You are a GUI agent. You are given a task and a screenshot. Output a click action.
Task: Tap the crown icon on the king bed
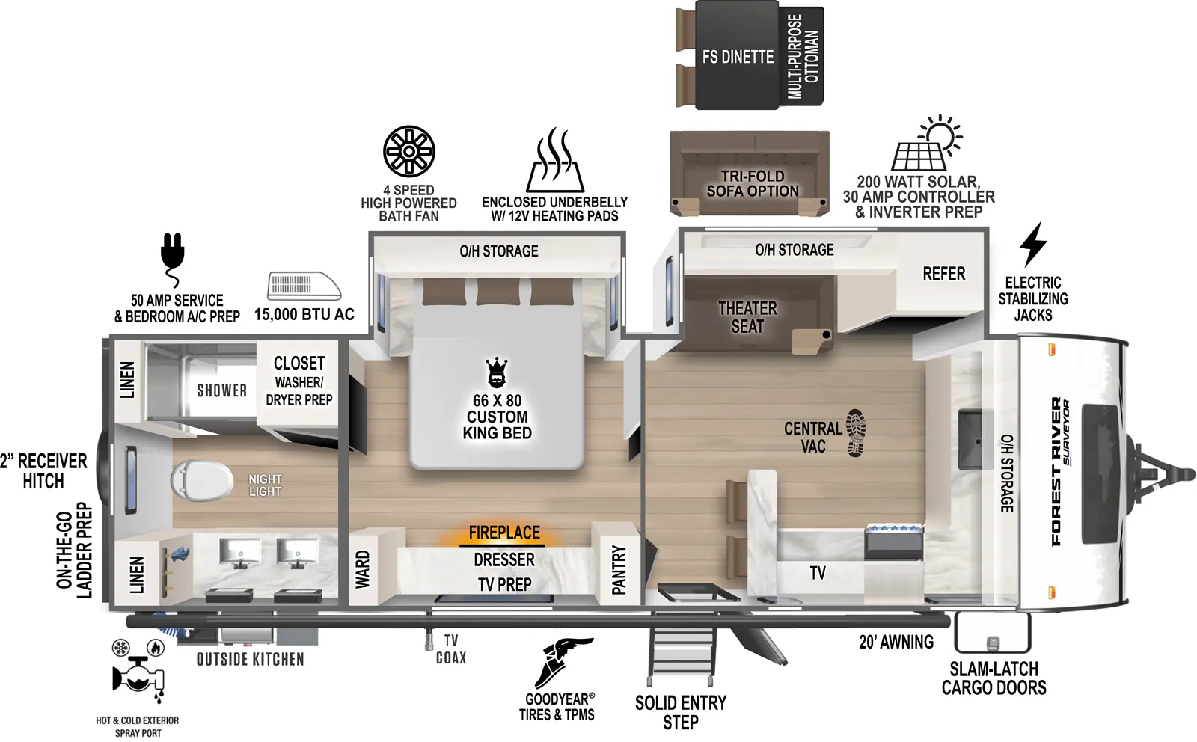pyautogui.click(x=497, y=372)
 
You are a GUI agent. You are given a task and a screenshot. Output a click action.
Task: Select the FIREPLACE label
pyautogui.click(x=504, y=533)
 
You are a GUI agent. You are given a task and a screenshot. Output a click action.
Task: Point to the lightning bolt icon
pyautogui.click(x=1033, y=244)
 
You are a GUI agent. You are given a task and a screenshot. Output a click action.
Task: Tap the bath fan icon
pyautogui.click(x=409, y=151)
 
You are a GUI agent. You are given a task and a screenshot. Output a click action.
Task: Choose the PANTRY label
pyautogui.click(x=619, y=570)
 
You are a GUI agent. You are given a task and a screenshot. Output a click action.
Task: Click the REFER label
pyautogui.click(x=943, y=274)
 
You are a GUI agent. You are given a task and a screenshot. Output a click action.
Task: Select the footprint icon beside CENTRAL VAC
pyautogui.click(x=856, y=432)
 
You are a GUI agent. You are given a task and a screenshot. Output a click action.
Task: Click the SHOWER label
pyautogui.click(x=221, y=390)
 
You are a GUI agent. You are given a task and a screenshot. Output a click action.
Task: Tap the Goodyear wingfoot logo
pyautogui.click(x=563, y=662)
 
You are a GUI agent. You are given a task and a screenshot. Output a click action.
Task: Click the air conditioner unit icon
pyautogui.click(x=303, y=286)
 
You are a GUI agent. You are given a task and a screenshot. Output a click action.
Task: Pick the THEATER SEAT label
pyautogui.click(x=747, y=317)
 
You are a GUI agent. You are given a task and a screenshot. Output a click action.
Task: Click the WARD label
pyautogui.click(x=363, y=569)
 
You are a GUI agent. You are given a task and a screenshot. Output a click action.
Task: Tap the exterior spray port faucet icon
pyautogui.click(x=138, y=674)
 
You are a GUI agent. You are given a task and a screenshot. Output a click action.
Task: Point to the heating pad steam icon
pyautogui.click(x=555, y=160)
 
